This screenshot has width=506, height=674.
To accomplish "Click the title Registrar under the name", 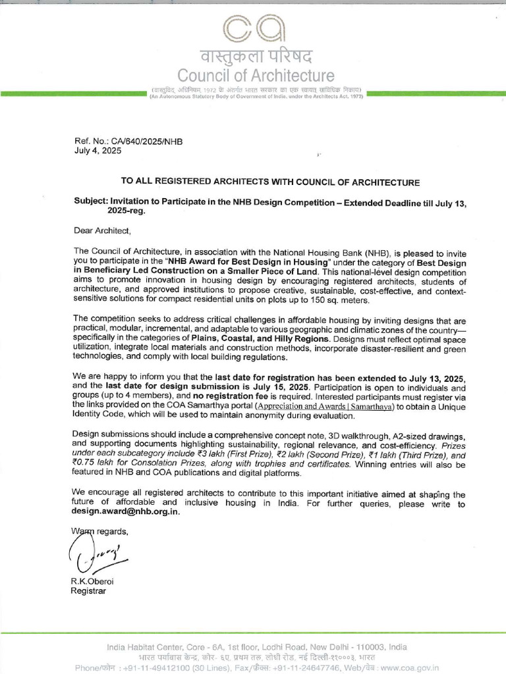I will [x=88, y=590].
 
